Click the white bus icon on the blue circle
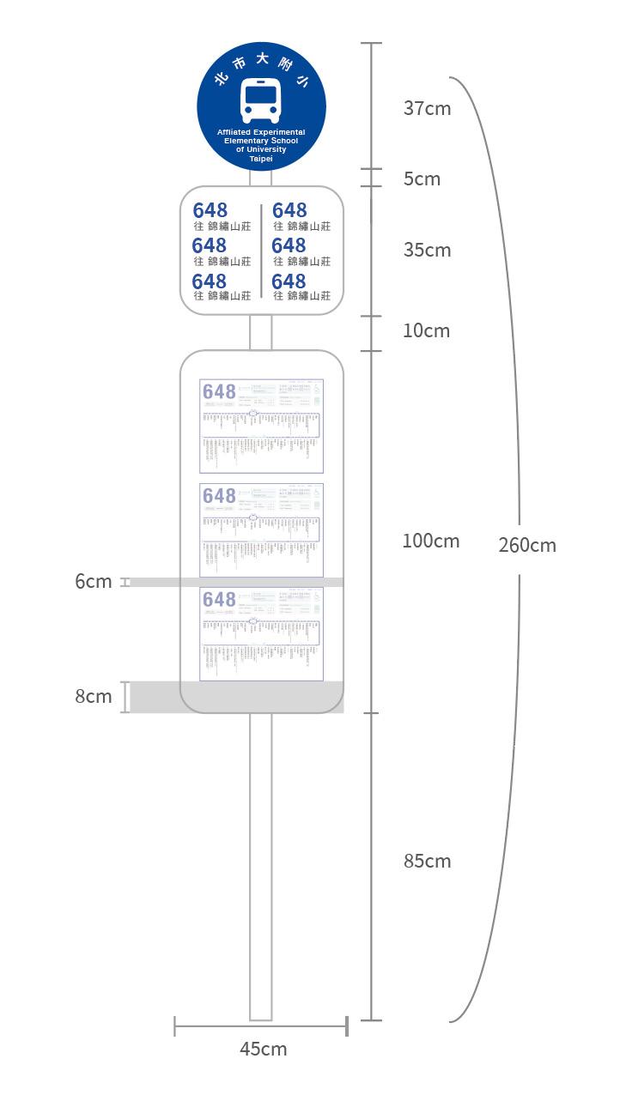click(261, 100)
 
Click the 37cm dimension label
click(427, 108)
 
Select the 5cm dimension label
click(422, 178)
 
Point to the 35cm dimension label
click(427, 250)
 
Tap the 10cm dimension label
click(427, 330)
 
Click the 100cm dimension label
click(431, 541)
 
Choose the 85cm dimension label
click(427, 861)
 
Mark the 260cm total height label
click(527, 545)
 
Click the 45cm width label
click(263, 1049)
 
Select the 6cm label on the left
click(93, 581)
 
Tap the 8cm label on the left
click(93, 696)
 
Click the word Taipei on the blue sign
click(261, 159)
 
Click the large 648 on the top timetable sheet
click(219, 392)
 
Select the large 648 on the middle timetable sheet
click(219, 496)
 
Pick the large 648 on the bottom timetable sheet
click(219, 599)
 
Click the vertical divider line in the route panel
click(261, 251)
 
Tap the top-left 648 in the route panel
click(210, 210)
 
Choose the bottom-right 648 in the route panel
click(289, 281)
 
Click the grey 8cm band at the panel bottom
click(236, 697)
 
